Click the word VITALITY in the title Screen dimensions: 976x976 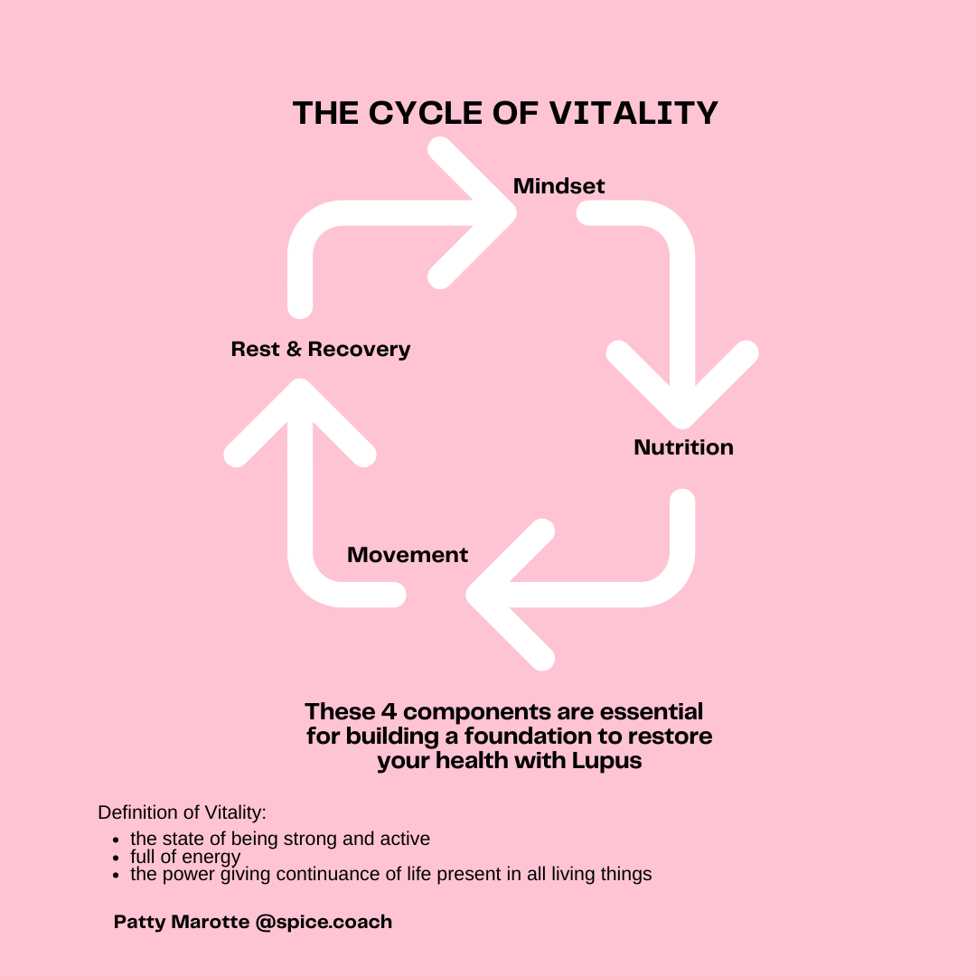(633, 113)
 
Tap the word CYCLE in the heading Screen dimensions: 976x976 (425, 113)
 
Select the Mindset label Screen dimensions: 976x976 (558, 185)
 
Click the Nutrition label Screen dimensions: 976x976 (683, 447)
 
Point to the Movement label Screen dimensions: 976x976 (407, 555)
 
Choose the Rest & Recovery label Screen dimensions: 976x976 (321, 349)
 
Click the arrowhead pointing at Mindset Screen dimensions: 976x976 (473, 213)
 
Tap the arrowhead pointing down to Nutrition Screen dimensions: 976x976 (682, 386)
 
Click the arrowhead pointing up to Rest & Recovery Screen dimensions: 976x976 (300, 423)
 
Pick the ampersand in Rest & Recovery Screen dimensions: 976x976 (294, 349)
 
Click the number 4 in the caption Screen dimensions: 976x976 (389, 711)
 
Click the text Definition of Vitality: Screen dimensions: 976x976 (182, 812)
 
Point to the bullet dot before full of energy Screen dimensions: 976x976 (116, 858)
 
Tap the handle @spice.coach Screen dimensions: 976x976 (324, 922)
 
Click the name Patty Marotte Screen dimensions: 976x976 (181, 922)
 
